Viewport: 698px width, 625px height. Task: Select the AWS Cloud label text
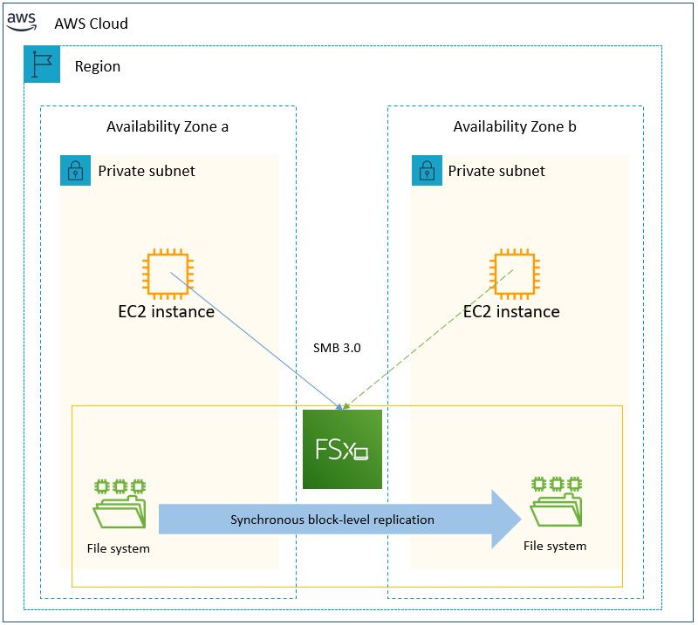tap(91, 24)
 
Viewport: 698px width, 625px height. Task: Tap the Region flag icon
tap(42, 65)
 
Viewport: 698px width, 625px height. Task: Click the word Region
tap(98, 66)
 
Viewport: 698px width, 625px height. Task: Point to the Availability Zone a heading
tap(168, 126)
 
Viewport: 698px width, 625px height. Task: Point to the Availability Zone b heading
tap(515, 126)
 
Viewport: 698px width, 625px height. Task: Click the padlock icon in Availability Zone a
tap(76, 171)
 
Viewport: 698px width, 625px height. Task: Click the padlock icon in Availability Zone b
tap(427, 171)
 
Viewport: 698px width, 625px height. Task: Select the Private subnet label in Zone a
tap(147, 171)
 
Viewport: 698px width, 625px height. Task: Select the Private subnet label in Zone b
tap(496, 171)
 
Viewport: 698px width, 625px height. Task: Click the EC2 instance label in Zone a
tap(167, 311)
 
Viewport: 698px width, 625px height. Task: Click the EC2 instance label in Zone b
tap(511, 311)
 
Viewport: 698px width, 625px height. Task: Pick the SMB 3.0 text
tap(337, 348)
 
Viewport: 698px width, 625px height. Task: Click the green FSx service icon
tap(342, 449)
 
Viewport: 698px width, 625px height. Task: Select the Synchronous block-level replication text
tap(332, 520)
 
